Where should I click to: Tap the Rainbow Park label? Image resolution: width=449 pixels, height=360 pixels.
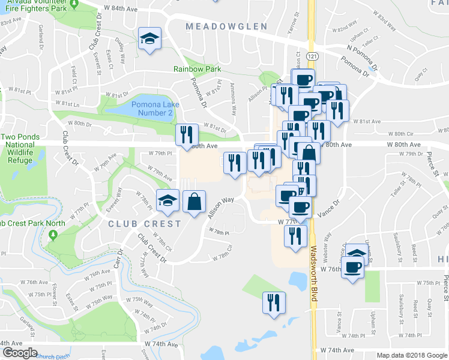(197, 69)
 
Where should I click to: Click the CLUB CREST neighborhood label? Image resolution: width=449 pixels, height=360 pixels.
(145, 224)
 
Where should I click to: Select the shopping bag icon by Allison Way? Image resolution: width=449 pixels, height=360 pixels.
(194, 202)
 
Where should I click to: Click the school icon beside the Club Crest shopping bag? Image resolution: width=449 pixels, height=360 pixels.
(168, 200)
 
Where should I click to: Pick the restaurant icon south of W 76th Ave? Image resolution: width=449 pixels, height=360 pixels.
(274, 302)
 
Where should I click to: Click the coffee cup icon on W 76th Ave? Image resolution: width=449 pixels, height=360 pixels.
(352, 267)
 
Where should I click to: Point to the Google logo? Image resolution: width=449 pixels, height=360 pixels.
(20, 352)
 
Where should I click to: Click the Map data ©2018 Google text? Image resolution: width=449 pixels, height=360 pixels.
(411, 355)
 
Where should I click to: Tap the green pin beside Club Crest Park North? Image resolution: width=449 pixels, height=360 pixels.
(53, 233)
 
